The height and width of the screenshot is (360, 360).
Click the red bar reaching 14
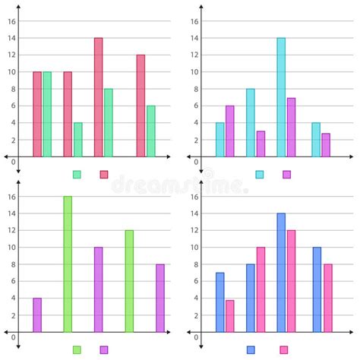[98, 97]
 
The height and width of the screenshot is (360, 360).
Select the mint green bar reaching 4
[78, 140]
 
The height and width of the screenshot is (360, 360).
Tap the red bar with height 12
[141, 106]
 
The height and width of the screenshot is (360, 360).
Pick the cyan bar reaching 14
[281, 97]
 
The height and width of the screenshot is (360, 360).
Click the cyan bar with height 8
[250, 123]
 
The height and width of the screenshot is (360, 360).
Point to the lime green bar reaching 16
[68, 264]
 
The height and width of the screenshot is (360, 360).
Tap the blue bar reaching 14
[281, 273]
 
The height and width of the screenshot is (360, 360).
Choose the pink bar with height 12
[291, 281]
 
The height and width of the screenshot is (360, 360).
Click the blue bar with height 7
[219, 302]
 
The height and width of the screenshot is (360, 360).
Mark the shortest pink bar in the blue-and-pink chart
[229, 316]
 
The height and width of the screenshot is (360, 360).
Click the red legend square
[104, 175]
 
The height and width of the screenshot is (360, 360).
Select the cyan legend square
[260, 175]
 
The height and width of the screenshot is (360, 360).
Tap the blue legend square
[251, 350]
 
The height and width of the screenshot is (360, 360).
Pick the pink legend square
[283, 350]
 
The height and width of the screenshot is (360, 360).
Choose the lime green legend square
[77, 350]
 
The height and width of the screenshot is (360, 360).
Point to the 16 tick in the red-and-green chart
[11, 21]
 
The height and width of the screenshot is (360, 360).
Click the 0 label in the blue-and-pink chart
[196, 336]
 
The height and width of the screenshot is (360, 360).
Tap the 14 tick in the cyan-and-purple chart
[194, 38]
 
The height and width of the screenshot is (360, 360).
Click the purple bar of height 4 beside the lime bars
[37, 315]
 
